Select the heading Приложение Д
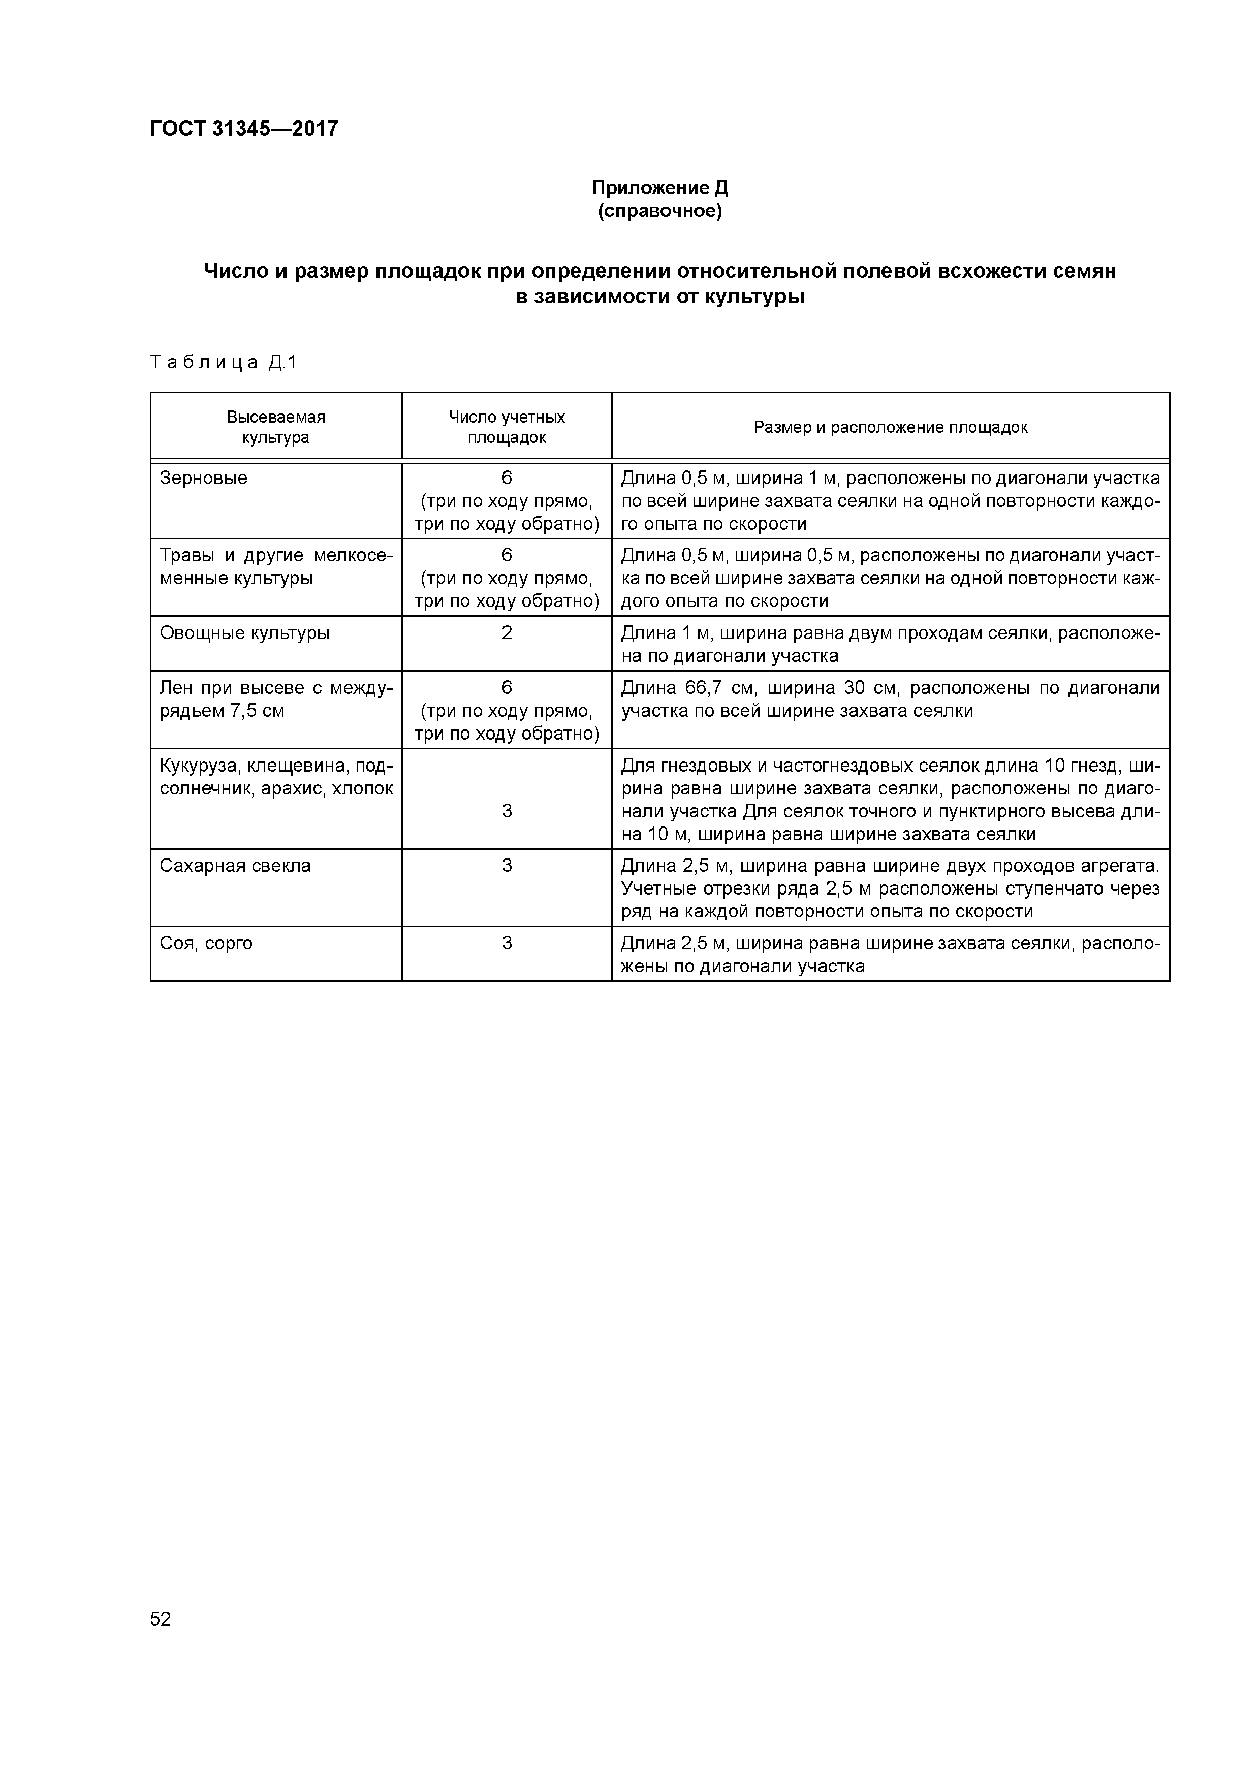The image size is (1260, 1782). [660, 188]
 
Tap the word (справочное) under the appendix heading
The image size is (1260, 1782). [660, 211]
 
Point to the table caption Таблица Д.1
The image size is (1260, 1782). [224, 363]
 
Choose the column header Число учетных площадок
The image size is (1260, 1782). [507, 427]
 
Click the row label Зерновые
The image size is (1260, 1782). [203, 478]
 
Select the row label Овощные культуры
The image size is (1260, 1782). [244, 633]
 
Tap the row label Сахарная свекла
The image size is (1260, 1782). [235, 866]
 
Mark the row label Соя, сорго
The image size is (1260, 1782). [206, 943]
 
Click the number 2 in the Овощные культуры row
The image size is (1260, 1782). [507, 633]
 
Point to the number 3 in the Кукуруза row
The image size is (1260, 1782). [507, 811]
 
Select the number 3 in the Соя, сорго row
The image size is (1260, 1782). [507, 943]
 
